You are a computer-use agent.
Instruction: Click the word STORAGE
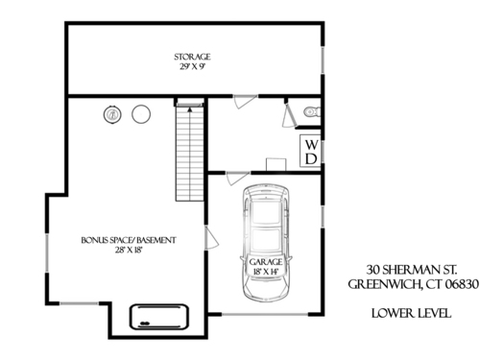point(192,57)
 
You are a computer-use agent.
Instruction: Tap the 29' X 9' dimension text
point(192,67)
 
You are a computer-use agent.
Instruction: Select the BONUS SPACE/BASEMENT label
point(129,240)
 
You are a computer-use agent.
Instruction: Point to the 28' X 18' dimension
point(129,251)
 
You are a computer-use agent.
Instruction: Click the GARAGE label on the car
point(266,262)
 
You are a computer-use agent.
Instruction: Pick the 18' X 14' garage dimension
point(266,272)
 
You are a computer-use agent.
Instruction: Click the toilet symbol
point(312,111)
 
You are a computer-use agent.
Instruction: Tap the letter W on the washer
point(311,145)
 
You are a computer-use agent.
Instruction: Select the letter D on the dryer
point(311,158)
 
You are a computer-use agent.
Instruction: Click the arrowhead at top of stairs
point(190,109)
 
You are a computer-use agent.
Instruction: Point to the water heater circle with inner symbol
point(112,114)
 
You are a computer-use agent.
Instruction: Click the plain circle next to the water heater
point(141,114)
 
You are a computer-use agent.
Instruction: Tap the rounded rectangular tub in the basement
point(159,317)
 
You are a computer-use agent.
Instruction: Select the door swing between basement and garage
point(211,238)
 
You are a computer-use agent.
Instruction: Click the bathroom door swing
point(290,116)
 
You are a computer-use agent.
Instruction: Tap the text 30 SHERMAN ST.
point(412,270)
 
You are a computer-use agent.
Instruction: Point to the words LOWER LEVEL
point(412,313)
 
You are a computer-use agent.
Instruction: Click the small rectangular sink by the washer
point(276,164)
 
